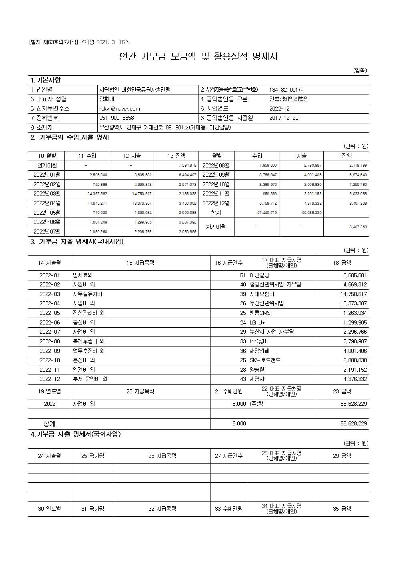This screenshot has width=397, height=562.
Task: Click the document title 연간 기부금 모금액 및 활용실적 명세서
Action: coord(198,56)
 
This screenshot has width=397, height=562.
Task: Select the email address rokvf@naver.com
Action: coord(120,109)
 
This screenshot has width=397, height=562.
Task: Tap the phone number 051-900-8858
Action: coord(116,118)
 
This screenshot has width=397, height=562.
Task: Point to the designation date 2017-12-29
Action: coord(284,118)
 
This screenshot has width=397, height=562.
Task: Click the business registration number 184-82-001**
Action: coord(286,90)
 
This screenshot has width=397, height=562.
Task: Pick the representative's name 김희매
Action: coord(106,99)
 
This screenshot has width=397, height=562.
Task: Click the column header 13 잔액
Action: coord(176,156)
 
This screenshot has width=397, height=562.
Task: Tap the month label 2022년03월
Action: coord(47,194)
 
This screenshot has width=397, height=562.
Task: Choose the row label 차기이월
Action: coord(216,227)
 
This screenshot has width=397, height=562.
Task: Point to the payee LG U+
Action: coord(257,322)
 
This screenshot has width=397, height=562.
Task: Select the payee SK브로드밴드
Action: coord(265,360)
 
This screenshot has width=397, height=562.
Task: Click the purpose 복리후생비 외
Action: coord(88,341)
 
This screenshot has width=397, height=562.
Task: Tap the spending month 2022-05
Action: coord(50,313)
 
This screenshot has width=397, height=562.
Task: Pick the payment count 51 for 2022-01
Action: coord(243,275)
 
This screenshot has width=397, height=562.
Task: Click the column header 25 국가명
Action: coord(92,456)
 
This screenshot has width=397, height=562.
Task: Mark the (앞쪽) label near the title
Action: coord(360,71)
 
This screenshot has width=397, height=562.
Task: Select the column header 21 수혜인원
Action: coord(229,391)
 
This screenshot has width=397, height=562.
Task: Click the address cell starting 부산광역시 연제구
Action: coord(165,128)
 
